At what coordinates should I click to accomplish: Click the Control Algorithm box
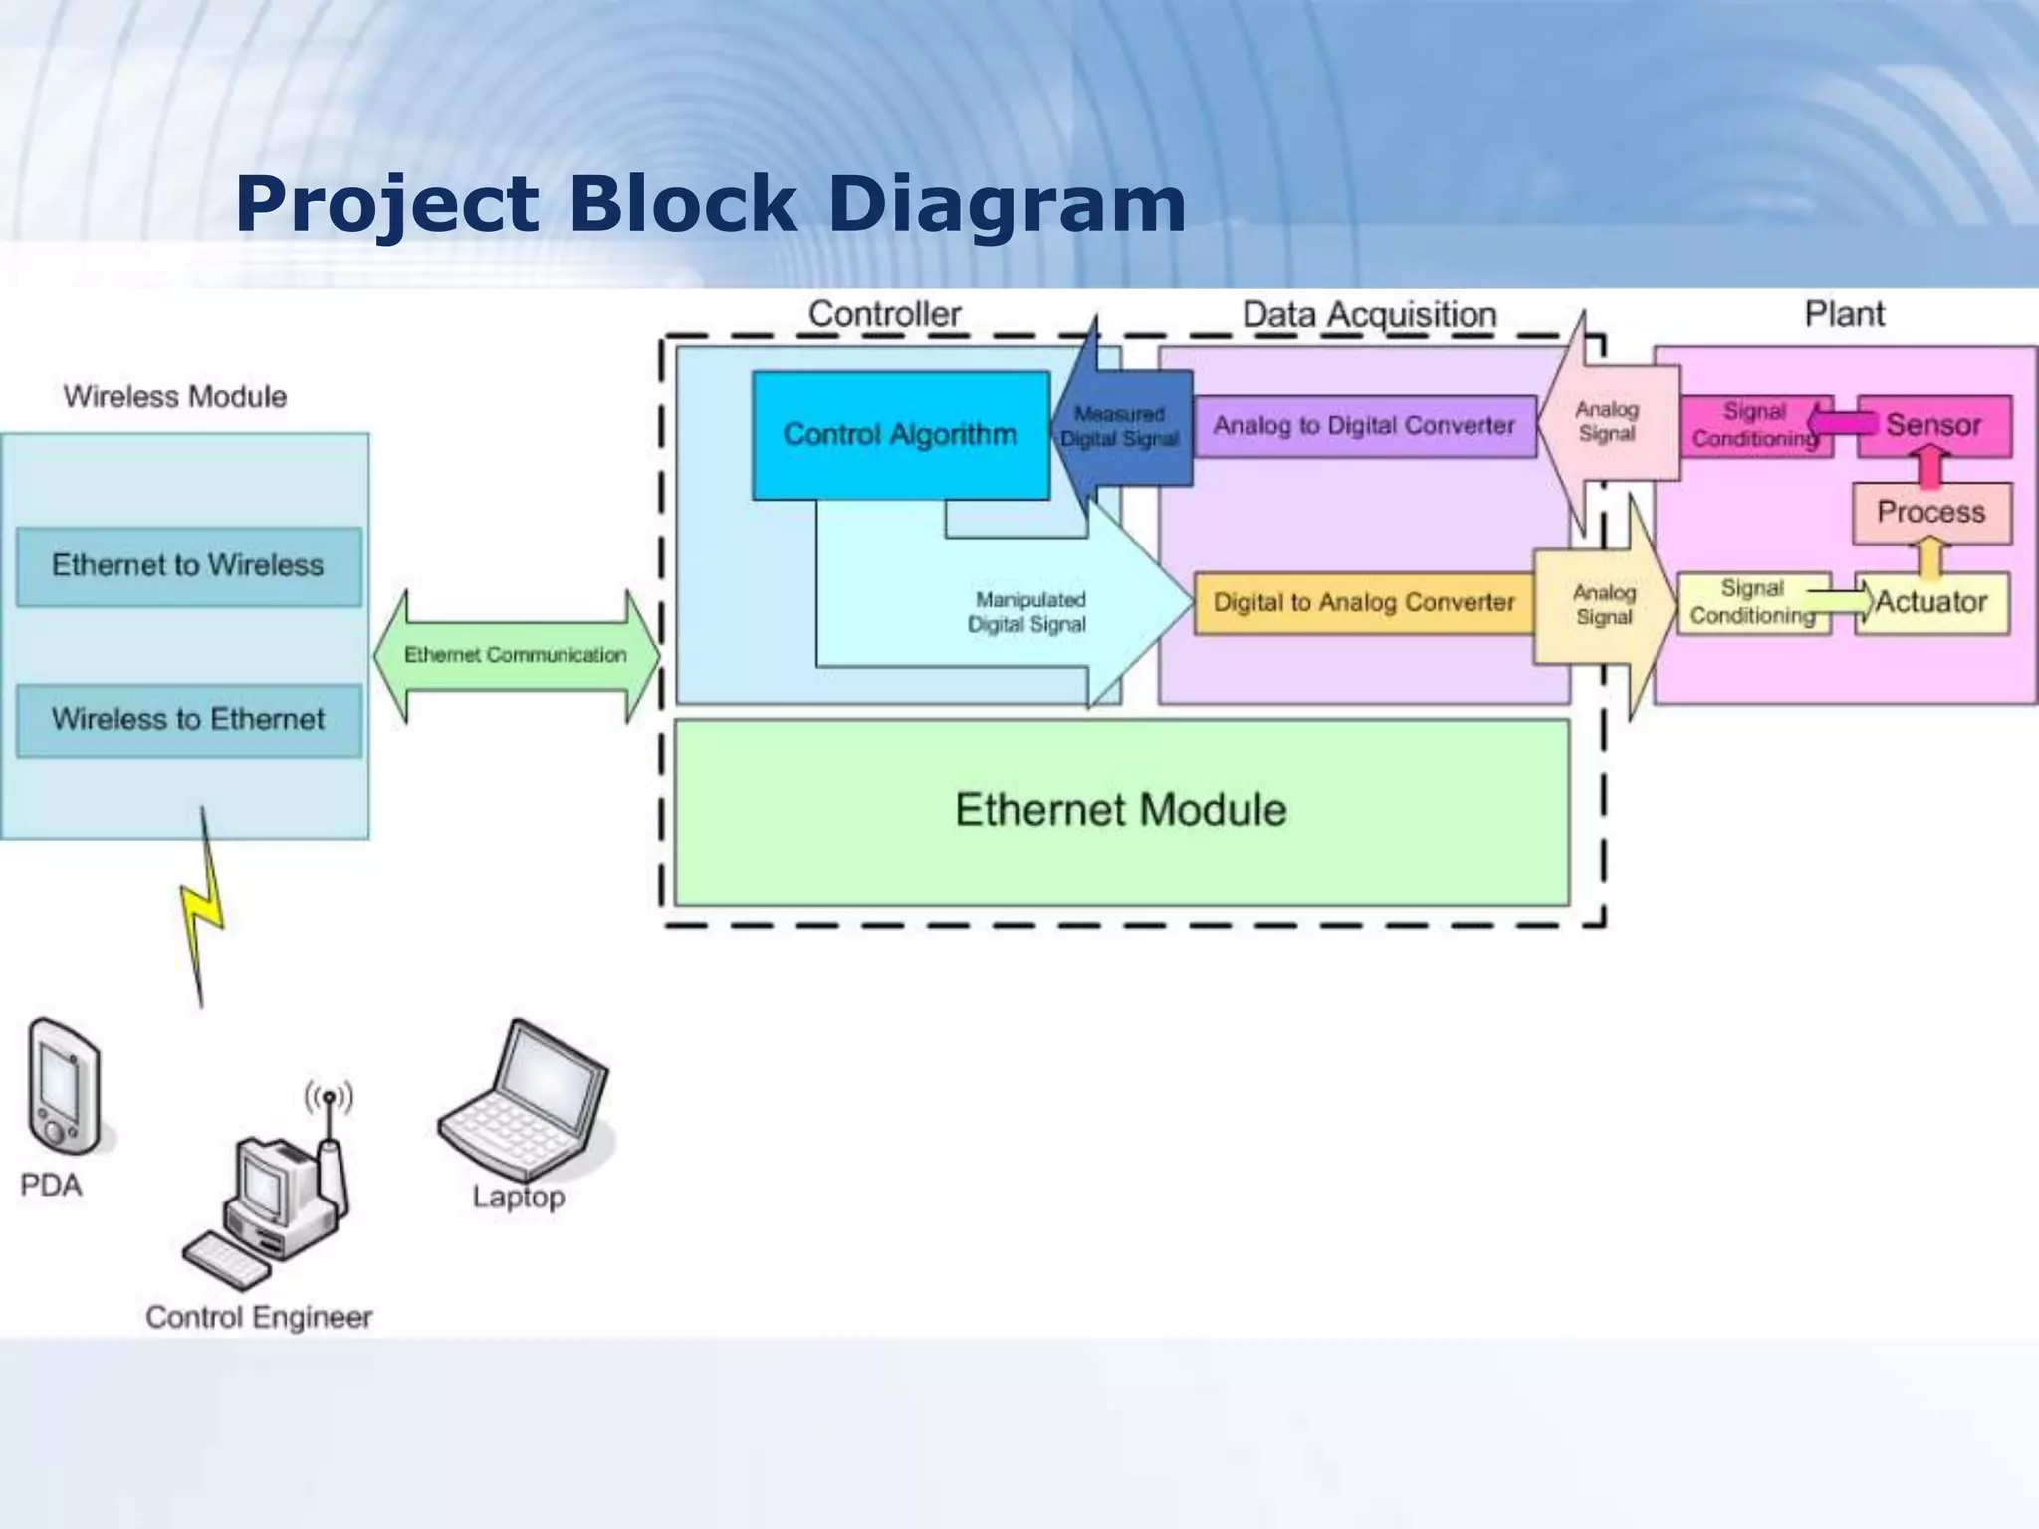(x=900, y=435)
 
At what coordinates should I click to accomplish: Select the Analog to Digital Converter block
(x=1364, y=426)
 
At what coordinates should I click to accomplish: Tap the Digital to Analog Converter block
(x=1363, y=603)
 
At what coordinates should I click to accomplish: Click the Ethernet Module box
(x=1121, y=811)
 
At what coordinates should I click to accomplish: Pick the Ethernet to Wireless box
(x=188, y=566)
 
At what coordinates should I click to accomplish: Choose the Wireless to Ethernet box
(x=188, y=720)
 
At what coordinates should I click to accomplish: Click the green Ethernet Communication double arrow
(x=516, y=655)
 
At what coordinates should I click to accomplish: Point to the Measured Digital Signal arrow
(x=1119, y=427)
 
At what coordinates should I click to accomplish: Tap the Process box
(x=1930, y=513)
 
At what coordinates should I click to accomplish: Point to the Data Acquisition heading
(x=1369, y=315)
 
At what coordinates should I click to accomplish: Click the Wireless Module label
(x=175, y=397)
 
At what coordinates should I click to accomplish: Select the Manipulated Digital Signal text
(x=1027, y=612)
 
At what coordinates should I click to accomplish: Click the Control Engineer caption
(x=259, y=1318)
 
